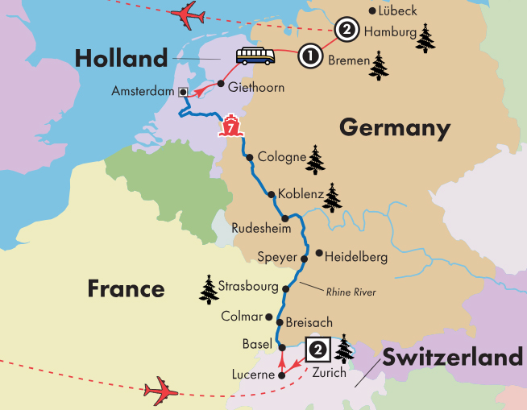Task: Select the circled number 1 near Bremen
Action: click(x=309, y=56)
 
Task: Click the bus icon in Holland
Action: click(x=254, y=56)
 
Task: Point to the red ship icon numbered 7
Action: click(x=231, y=126)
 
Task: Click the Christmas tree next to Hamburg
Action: click(x=425, y=37)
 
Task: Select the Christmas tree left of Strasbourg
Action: click(x=209, y=289)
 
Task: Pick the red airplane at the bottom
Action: click(x=161, y=391)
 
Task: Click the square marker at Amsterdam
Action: click(x=184, y=92)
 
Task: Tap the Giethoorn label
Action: click(x=256, y=87)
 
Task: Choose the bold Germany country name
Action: click(x=393, y=127)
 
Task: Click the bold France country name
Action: click(x=126, y=288)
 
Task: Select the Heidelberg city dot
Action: click(x=320, y=254)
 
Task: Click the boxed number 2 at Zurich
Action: click(x=318, y=349)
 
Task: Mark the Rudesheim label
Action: click(x=255, y=228)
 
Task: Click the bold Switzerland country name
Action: click(x=452, y=357)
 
